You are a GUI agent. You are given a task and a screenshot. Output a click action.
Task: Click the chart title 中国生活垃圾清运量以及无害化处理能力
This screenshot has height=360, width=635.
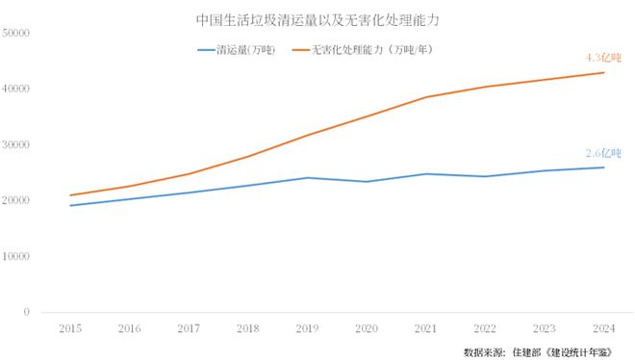pyautogui.click(x=317, y=19)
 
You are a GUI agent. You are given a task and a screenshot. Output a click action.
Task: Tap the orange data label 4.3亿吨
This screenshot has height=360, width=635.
pyautogui.click(x=603, y=58)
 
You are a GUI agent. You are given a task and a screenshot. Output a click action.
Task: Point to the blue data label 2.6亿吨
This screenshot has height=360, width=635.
pyautogui.click(x=603, y=153)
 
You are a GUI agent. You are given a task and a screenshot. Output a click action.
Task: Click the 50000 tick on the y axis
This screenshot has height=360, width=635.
pyautogui.click(x=17, y=33)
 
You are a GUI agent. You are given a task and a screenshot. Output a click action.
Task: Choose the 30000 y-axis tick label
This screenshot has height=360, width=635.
pyautogui.click(x=17, y=144)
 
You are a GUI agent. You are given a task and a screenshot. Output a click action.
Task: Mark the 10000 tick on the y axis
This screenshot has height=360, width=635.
pyautogui.click(x=17, y=256)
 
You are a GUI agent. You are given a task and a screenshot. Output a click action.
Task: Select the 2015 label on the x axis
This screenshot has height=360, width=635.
pyautogui.click(x=69, y=329)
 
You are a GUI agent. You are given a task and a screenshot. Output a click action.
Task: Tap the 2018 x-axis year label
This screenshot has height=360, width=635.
pyautogui.click(x=247, y=329)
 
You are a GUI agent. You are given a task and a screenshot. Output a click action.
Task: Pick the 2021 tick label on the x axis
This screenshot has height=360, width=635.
pyautogui.click(x=425, y=329)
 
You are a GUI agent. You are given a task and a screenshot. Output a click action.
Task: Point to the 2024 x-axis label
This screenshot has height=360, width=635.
pyautogui.click(x=603, y=329)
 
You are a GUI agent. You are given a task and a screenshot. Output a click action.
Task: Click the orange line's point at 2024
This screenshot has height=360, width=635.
pyautogui.click(x=603, y=72)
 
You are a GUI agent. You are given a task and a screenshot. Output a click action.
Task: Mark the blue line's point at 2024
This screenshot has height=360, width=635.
pyautogui.click(x=603, y=167)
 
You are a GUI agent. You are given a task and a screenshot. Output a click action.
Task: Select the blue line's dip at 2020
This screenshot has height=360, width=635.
pyautogui.click(x=366, y=181)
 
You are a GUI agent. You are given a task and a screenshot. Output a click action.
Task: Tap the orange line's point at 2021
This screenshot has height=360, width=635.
pyautogui.click(x=425, y=97)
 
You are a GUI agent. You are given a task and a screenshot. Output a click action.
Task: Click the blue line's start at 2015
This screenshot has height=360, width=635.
pyautogui.click(x=69, y=205)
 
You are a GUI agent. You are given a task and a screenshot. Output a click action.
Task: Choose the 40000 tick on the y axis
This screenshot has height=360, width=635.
pyautogui.click(x=17, y=89)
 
